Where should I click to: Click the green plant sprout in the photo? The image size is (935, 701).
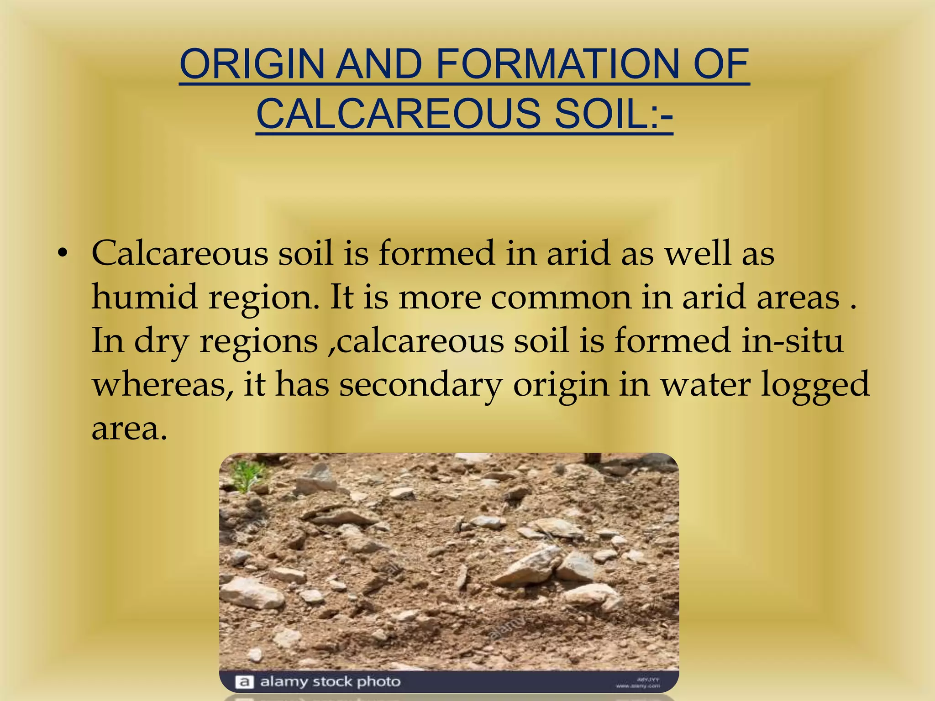coord(247,475)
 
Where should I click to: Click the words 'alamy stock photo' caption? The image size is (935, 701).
coord(330,682)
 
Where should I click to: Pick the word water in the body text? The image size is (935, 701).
coord(706,384)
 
